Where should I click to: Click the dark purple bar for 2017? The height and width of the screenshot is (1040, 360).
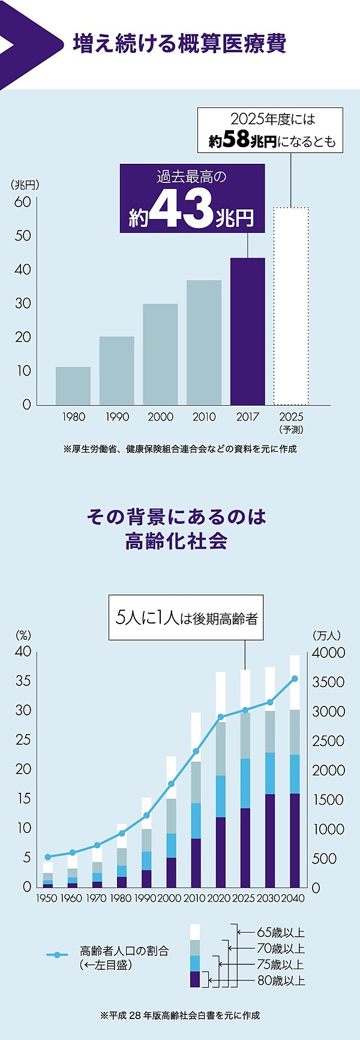(x=248, y=331)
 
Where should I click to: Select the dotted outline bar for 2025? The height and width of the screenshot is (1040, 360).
(x=291, y=306)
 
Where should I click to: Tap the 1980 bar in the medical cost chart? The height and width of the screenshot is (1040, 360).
(x=73, y=386)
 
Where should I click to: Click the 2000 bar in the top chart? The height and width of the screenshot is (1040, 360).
(x=160, y=354)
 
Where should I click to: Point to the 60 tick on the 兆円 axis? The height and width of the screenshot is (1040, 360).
(x=23, y=202)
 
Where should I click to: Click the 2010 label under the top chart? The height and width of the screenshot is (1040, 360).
(x=204, y=417)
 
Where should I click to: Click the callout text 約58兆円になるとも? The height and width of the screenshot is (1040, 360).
(x=272, y=141)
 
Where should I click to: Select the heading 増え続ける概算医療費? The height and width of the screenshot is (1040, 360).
(x=179, y=44)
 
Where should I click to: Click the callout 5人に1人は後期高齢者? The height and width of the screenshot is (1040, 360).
(x=187, y=618)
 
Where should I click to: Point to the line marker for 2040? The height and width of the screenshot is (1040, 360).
(x=295, y=679)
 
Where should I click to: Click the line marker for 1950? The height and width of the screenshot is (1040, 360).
(x=47, y=856)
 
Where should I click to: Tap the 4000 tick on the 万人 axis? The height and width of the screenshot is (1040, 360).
(x=329, y=652)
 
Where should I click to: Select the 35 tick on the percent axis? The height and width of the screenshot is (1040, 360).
(x=23, y=681)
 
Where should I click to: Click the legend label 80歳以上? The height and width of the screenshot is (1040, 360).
(x=281, y=981)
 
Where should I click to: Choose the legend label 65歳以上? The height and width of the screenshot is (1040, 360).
(x=281, y=933)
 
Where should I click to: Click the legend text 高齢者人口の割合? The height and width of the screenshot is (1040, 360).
(x=125, y=951)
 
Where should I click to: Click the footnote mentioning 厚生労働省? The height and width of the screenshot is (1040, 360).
(x=180, y=449)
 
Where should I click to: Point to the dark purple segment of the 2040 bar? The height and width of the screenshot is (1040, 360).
(x=295, y=840)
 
